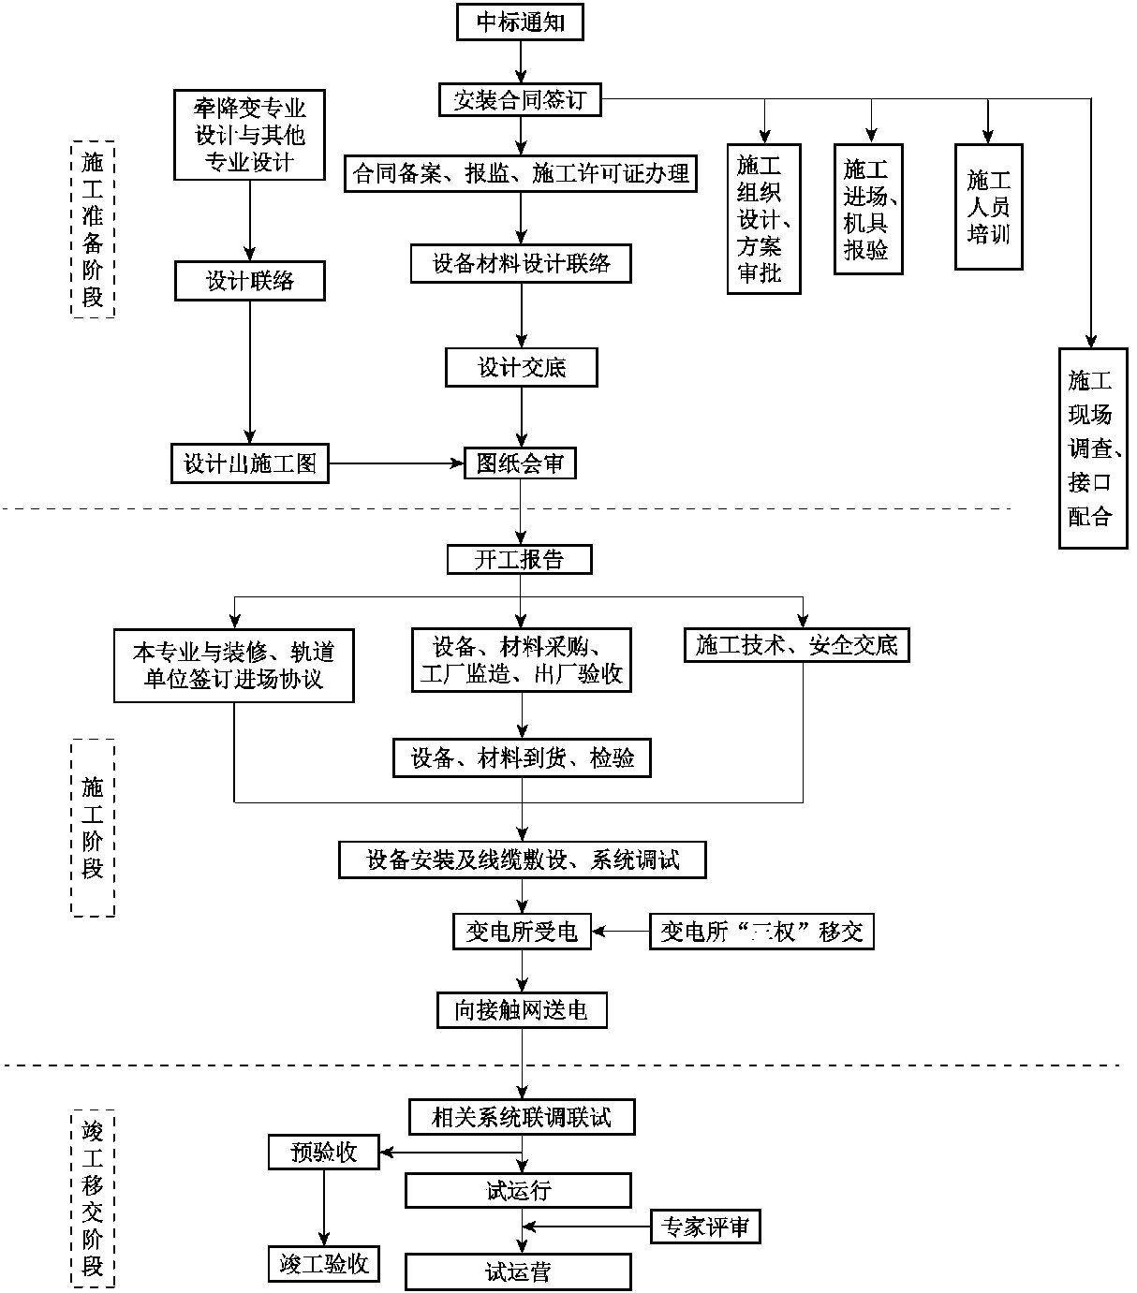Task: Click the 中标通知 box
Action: tap(520, 22)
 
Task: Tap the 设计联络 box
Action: tap(249, 281)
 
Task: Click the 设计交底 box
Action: tap(521, 367)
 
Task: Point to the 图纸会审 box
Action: tap(520, 463)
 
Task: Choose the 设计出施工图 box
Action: tap(250, 463)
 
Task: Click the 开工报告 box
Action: tap(520, 560)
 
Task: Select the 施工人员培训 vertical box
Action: tap(988, 207)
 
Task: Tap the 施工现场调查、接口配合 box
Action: tap(1092, 448)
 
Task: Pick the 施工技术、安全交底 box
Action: tap(796, 644)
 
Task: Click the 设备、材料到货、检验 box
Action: tap(522, 757)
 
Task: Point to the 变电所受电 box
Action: tap(522, 932)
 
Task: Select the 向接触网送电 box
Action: tap(522, 1010)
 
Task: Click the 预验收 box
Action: tap(324, 1152)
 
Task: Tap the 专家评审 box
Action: tap(704, 1227)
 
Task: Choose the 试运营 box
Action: tap(518, 1272)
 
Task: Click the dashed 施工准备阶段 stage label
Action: tap(93, 229)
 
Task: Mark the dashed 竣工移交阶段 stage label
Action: tap(93, 1199)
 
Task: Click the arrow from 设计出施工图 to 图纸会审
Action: tap(397, 463)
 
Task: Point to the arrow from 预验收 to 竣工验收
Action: tap(324, 1207)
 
